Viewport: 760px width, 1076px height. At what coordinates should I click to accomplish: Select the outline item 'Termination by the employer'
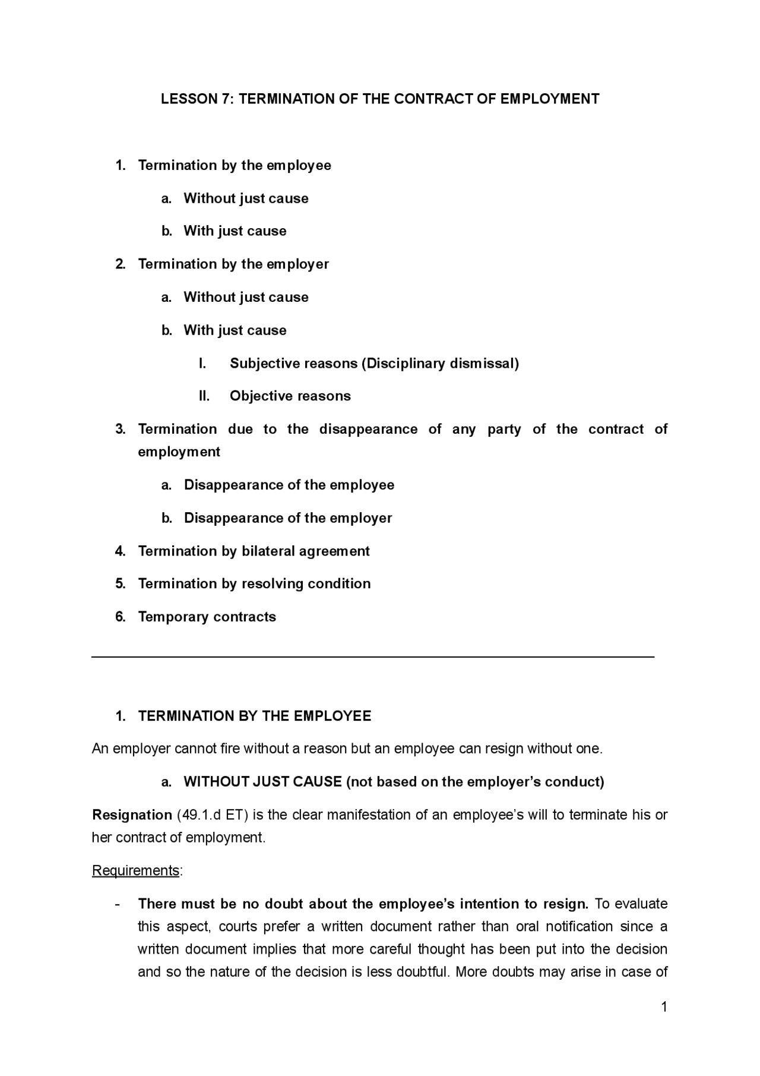(x=233, y=264)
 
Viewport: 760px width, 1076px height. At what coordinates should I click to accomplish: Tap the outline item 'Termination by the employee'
(x=235, y=165)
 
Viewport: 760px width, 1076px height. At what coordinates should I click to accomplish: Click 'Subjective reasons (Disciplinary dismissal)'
(x=374, y=363)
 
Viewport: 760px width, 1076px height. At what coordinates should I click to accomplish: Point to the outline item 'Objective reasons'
(x=290, y=396)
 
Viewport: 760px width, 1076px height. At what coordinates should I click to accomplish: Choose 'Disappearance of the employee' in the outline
(x=289, y=485)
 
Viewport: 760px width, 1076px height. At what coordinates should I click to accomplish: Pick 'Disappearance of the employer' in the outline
(x=288, y=518)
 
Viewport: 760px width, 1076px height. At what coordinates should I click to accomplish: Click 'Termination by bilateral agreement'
(x=254, y=551)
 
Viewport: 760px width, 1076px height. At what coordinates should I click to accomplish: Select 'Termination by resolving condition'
(x=254, y=583)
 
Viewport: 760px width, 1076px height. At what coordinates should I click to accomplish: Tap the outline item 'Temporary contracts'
(x=207, y=617)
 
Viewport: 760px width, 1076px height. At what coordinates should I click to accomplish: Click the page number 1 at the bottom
(x=664, y=1006)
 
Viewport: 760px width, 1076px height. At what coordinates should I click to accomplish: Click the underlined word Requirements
(x=135, y=870)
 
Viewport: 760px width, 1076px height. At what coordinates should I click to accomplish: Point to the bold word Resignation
(x=132, y=815)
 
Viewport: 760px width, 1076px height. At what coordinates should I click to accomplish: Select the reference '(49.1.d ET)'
(x=210, y=815)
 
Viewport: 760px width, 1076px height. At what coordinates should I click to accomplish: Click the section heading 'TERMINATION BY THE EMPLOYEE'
(x=254, y=716)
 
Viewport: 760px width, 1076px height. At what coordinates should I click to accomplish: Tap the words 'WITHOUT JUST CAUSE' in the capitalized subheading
(x=262, y=781)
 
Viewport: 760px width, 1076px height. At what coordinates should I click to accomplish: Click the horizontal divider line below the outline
(x=373, y=657)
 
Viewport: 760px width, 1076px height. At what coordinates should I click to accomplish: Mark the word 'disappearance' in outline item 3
(x=368, y=429)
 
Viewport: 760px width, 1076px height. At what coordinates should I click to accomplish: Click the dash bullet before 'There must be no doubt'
(x=118, y=904)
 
